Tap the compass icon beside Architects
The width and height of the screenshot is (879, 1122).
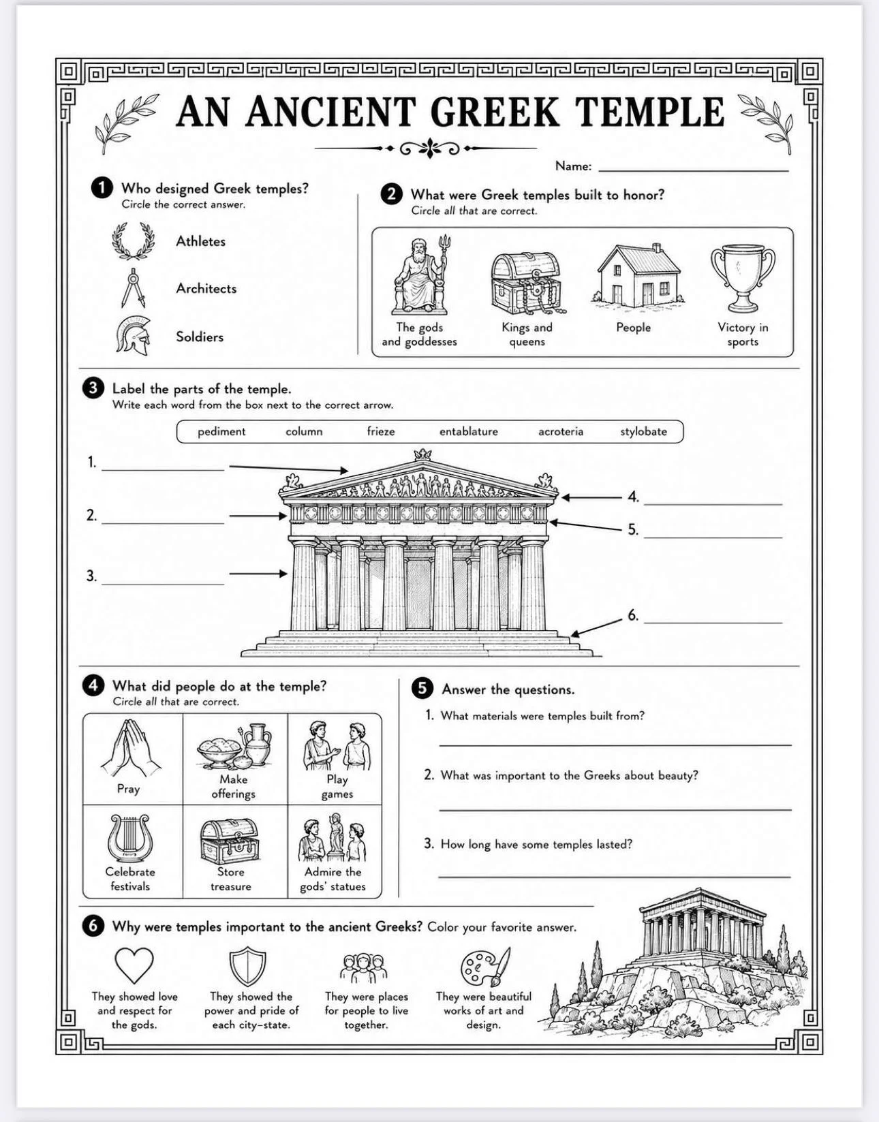coord(134,287)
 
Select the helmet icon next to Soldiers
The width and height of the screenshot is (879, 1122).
coord(134,336)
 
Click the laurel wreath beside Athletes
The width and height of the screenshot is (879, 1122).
coord(134,240)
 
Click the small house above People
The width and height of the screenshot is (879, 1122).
coord(638,276)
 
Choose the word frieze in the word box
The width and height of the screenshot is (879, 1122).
coord(381,431)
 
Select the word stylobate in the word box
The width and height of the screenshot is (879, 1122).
coord(643,432)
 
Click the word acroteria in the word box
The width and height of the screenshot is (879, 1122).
coord(561,432)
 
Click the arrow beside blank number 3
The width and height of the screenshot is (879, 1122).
coord(258,573)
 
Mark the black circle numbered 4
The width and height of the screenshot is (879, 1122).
coord(93,686)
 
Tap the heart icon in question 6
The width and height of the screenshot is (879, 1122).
coord(134,965)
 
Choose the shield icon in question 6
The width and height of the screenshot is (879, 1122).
coord(248,966)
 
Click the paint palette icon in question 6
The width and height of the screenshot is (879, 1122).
coord(485,966)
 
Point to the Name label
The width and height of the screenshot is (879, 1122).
coord(573,166)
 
